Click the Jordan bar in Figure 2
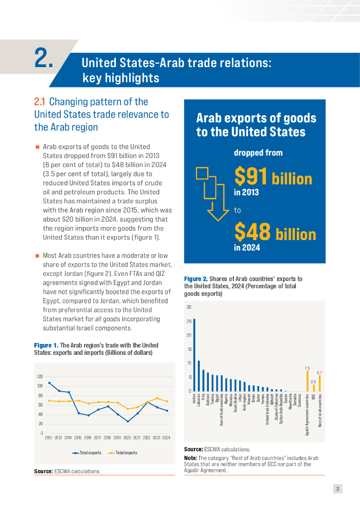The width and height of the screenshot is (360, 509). coord(194,355)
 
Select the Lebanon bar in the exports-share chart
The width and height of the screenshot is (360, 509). coord(199,376)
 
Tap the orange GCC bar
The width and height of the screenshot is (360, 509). coord(314,388)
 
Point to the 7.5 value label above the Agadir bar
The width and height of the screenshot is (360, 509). coord(307,368)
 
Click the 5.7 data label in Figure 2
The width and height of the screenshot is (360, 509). coord(319,373)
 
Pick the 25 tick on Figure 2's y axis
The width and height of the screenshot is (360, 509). coord(188,321)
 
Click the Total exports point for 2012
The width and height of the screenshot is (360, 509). coord(49,383)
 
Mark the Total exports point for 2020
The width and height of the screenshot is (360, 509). coord(128,422)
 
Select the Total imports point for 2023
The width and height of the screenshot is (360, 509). coord(157,398)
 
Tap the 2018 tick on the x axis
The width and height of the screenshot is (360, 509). coord(108,438)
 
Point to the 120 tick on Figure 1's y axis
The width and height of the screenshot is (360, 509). coord(40,377)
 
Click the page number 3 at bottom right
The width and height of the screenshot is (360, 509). coord(338,489)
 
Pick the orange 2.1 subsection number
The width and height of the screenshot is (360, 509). coord(40,102)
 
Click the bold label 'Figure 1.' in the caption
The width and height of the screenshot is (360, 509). coord(46,345)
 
